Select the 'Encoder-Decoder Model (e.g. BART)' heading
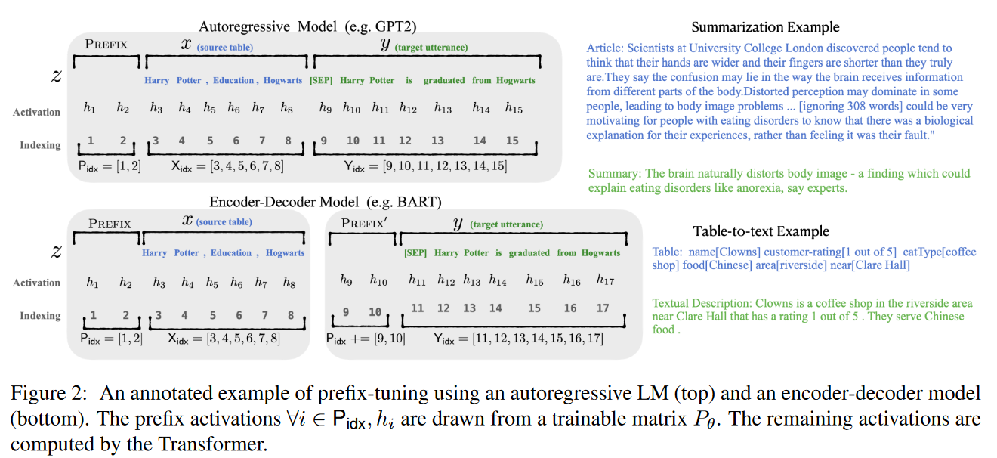point(326,202)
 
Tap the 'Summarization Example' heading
point(765,27)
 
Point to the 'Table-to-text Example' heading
point(761,231)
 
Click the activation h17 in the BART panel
point(605,280)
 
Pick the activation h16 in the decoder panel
point(571,280)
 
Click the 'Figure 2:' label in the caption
point(50,393)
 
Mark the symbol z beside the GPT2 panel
point(56,76)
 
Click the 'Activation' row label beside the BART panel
point(36,283)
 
